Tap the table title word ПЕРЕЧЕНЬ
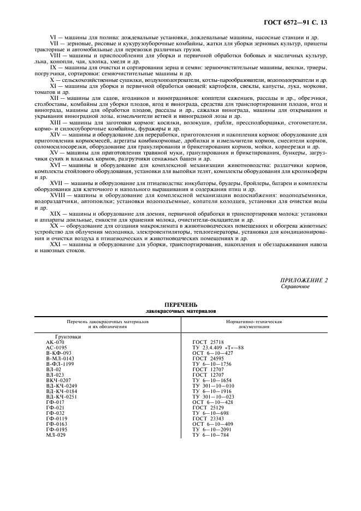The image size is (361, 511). tap(180, 304)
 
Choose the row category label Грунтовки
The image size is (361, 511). tap(69, 337)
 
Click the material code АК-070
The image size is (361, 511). tap(55, 342)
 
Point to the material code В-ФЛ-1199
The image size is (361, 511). tap(60, 363)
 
